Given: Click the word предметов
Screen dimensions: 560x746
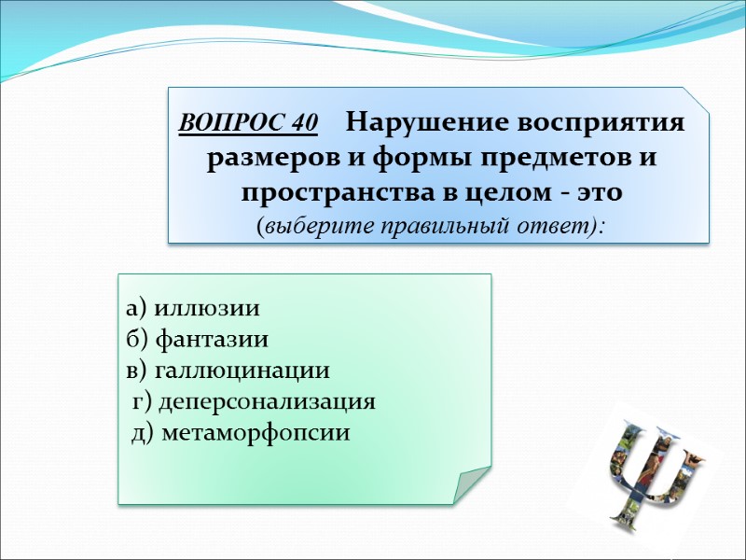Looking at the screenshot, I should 543,159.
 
